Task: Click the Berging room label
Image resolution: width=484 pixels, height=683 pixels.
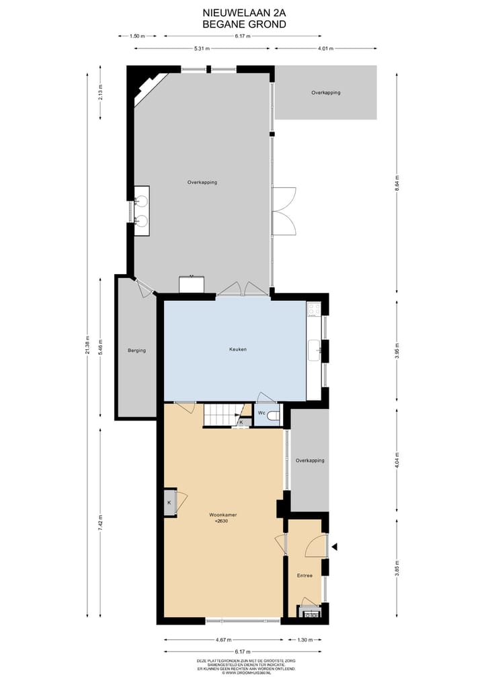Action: [x=136, y=350]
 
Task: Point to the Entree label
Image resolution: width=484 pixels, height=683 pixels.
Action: [x=305, y=576]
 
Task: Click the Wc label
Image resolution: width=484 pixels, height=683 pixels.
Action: [x=261, y=413]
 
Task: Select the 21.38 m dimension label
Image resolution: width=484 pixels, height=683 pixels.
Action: [x=87, y=345]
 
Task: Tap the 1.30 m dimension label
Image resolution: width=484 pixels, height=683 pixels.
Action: [x=305, y=640]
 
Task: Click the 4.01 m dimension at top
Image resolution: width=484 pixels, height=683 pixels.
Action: [x=325, y=48]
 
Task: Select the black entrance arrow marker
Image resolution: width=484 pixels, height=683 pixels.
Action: [x=335, y=547]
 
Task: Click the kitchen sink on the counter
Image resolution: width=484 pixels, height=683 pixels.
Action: [x=313, y=350]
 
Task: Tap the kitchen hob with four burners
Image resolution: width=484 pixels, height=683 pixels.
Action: [x=313, y=310]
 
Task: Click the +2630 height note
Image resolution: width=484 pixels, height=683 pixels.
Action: [x=221, y=521]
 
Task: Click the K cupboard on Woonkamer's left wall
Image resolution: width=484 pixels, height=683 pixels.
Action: [x=169, y=502]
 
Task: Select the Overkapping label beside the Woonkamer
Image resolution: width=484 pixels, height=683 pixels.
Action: [x=310, y=461]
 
